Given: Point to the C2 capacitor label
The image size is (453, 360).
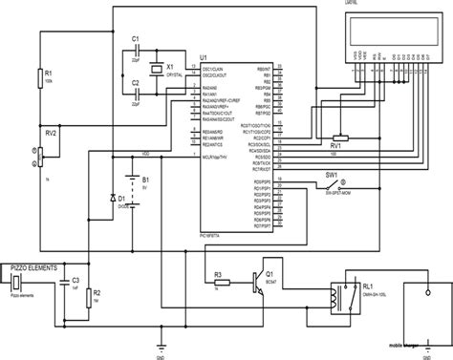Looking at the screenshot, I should (x=137, y=83).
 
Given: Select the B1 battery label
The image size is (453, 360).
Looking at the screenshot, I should (x=145, y=179).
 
